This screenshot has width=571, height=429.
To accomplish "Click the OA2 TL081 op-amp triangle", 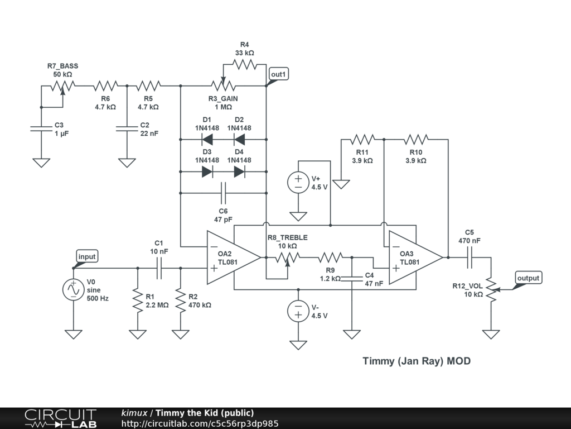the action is [234, 258].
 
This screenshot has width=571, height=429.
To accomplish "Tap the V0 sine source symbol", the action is [73, 290].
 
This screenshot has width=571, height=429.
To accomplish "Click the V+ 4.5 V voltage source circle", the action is [298, 183].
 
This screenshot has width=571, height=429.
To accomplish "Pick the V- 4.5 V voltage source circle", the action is [298, 311].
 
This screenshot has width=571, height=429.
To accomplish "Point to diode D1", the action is [207, 139].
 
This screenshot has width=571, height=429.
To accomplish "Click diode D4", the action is [239, 171].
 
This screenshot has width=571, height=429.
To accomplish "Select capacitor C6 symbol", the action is [223, 193].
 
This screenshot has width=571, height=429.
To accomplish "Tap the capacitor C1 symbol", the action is [159, 268].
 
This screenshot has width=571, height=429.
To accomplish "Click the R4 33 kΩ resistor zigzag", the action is [245, 65].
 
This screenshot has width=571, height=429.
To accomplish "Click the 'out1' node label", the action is [279, 74].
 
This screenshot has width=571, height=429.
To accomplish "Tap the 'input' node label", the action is [86, 256].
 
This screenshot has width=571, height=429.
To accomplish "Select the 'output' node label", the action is [528, 278].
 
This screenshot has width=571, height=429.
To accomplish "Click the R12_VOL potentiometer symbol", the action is [492, 290].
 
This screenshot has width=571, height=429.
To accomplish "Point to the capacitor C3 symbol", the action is [41, 129].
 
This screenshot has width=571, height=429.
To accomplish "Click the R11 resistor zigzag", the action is [362, 139].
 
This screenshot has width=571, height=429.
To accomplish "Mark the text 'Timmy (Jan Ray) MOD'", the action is [417, 361].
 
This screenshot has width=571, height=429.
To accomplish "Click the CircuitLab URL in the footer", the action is [200, 423].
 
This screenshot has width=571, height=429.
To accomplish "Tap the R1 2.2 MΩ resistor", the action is [138, 300].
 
